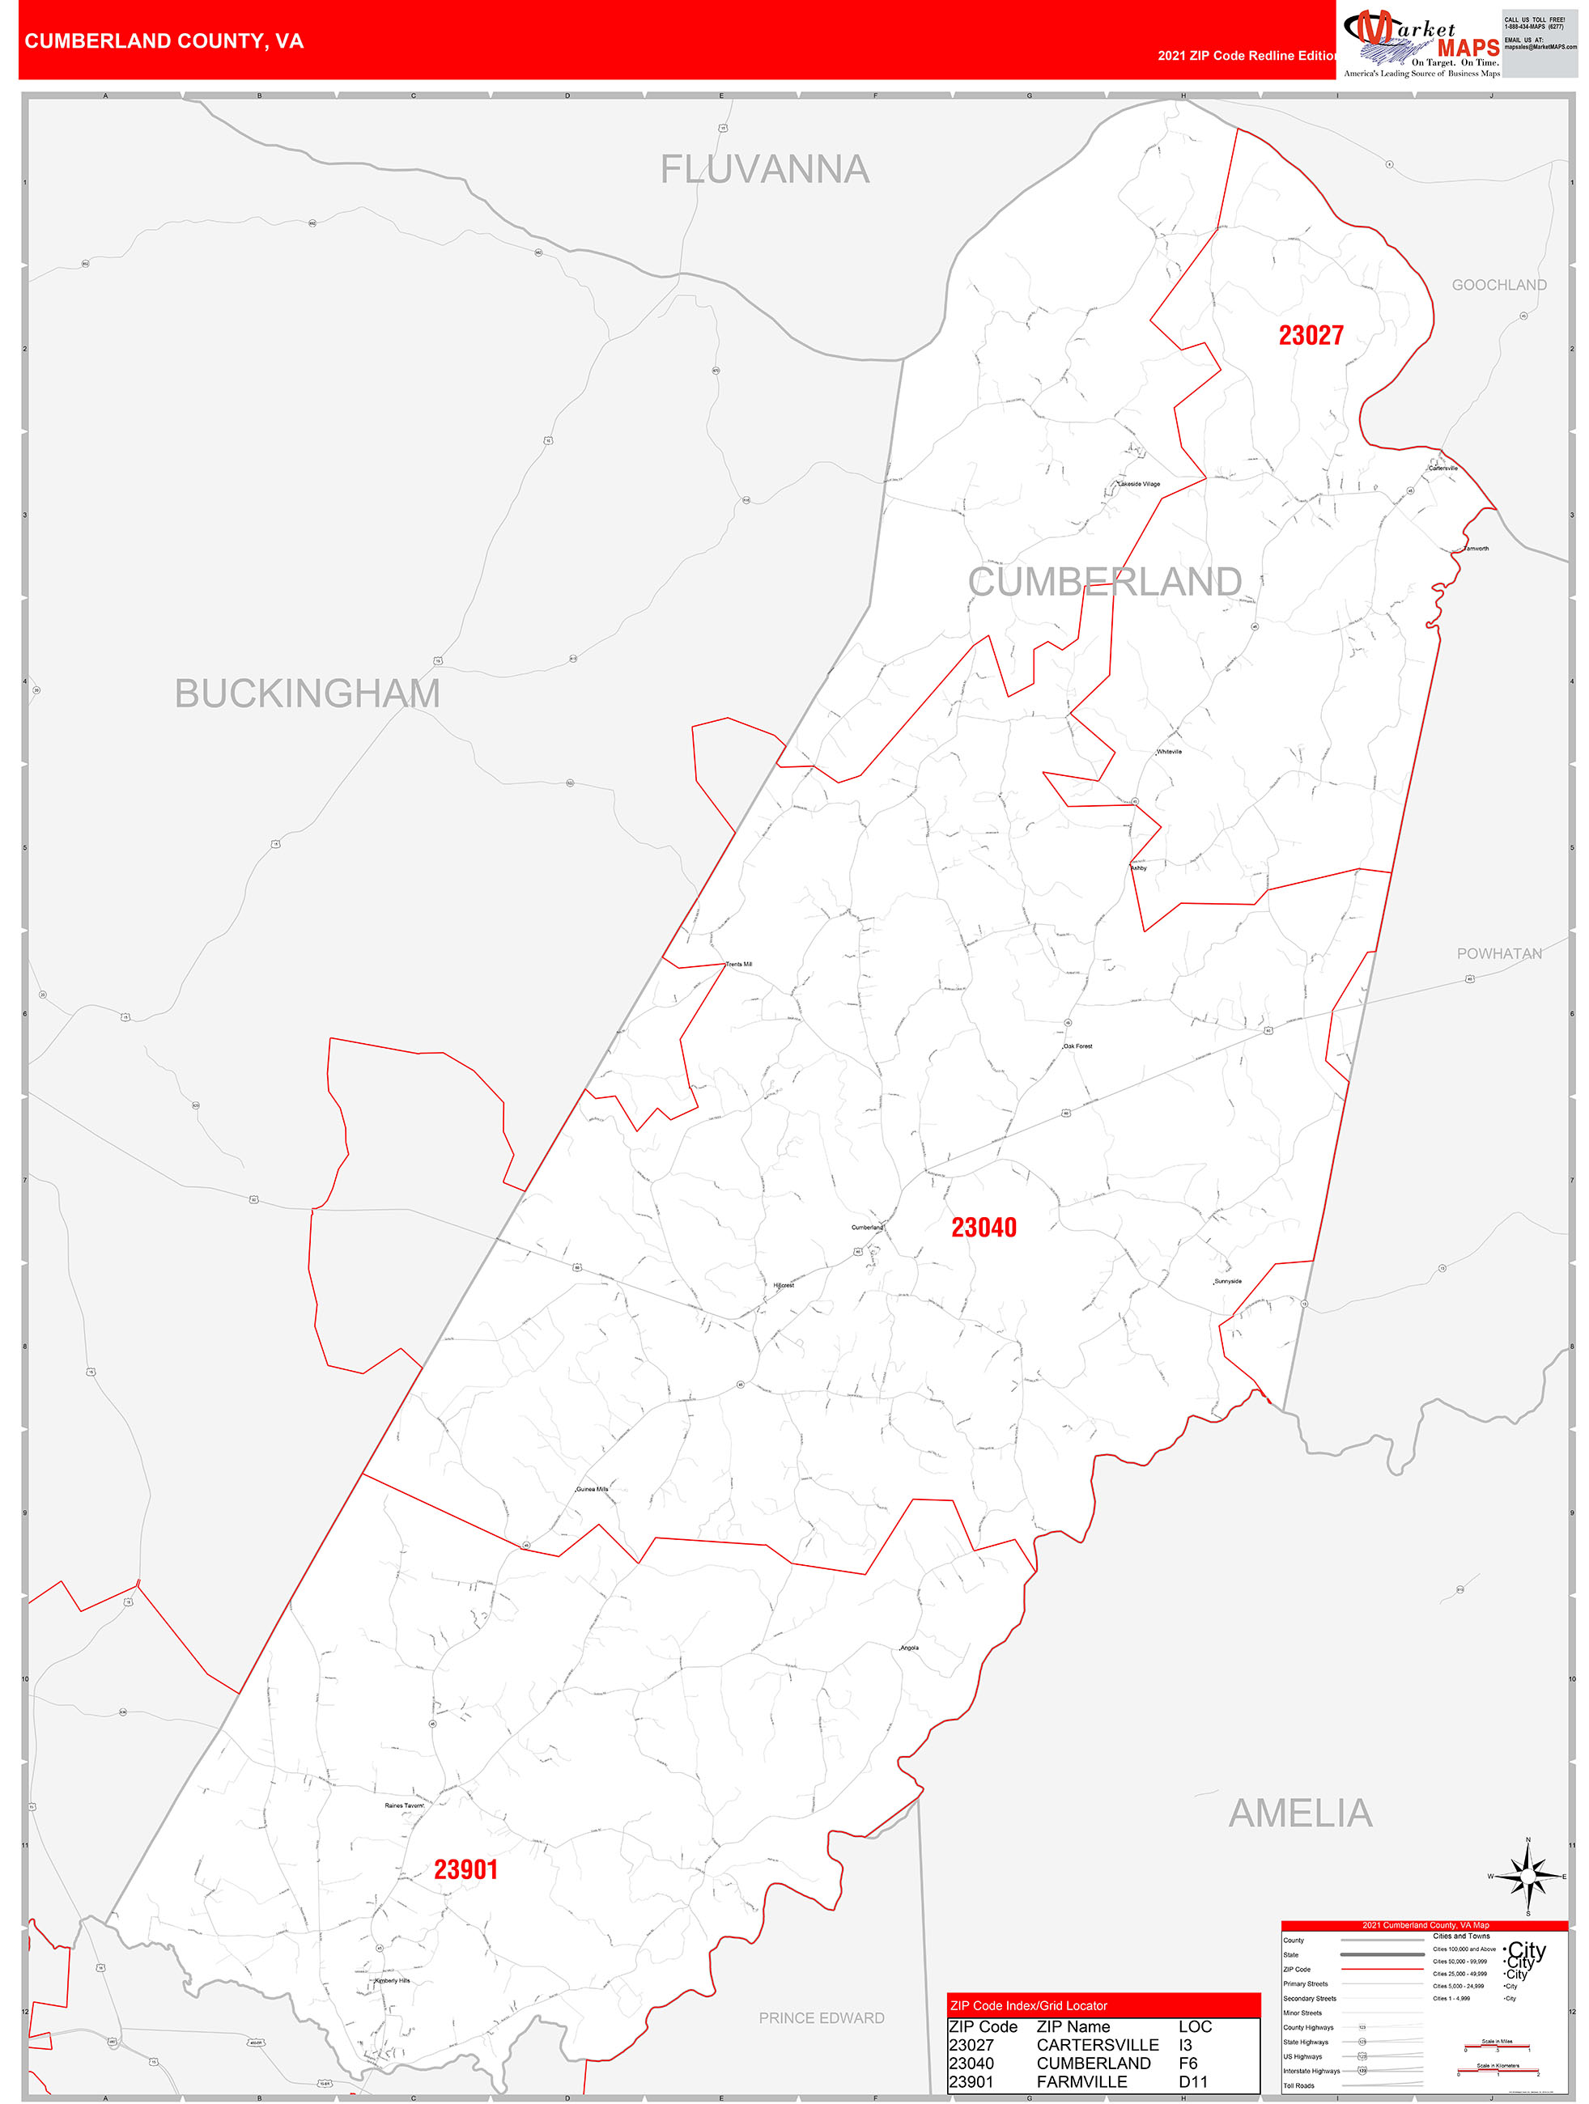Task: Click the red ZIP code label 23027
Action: click(1311, 335)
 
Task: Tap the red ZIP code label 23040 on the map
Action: click(984, 1227)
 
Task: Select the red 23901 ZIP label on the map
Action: click(465, 1869)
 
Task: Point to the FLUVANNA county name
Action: click(765, 169)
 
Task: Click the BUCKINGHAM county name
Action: click(308, 694)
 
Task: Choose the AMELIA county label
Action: click(1300, 1813)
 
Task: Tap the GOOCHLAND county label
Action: click(1498, 286)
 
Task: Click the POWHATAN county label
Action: click(1498, 953)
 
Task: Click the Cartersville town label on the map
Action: click(1442, 468)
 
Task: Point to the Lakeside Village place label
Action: click(1139, 484)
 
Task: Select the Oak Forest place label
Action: click(1078, 1046)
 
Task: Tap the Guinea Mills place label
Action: click(592, 1489)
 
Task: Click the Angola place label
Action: click(910, 1648)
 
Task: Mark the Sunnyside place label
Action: click(1227, 1281)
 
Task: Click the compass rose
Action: click(1528, 1877)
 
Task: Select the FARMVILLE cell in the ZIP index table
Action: click(1081, 2081)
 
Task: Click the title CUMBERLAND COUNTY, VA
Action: click(164, 41)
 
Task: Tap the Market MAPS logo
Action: click(1421, 43)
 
